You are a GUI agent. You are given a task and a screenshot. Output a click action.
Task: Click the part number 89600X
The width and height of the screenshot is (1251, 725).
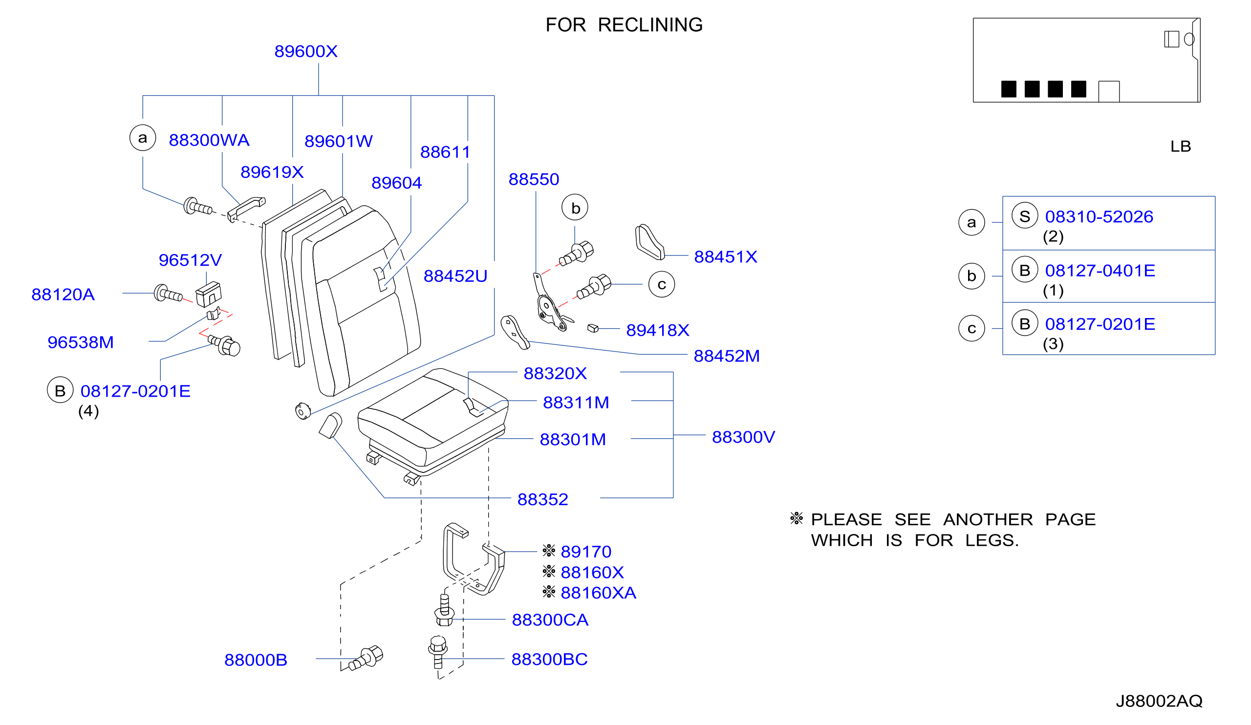(306, 52)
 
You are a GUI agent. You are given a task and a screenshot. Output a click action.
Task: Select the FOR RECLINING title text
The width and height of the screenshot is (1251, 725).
(624, 25)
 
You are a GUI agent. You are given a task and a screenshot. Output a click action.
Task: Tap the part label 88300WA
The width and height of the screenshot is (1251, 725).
(209, 140)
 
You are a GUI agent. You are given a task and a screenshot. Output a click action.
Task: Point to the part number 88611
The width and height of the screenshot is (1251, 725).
(445, 152)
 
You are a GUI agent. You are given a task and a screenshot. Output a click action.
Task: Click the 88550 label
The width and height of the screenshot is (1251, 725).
(534, 180)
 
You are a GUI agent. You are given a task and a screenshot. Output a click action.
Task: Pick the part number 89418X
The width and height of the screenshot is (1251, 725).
(658, 330)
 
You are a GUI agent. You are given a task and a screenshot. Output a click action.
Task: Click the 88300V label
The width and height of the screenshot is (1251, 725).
(744, 437)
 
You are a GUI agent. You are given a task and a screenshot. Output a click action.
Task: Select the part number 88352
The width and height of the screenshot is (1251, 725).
(542, 500)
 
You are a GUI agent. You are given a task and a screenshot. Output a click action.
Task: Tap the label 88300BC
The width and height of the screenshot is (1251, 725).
(550, 660)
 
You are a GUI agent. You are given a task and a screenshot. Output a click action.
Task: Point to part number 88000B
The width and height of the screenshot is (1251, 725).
(256, 661)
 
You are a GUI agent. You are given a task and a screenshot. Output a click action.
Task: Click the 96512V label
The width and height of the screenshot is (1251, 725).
(190, 260)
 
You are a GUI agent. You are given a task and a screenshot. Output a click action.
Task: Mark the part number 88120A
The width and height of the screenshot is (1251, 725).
(63, 295)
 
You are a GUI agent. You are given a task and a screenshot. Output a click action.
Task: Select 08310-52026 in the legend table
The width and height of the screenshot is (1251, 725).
(1099, 217)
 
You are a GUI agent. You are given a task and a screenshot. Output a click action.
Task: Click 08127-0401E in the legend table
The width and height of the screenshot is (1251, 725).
(1100, 271)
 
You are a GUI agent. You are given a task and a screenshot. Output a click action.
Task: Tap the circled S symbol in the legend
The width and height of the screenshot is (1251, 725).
(1025, 216)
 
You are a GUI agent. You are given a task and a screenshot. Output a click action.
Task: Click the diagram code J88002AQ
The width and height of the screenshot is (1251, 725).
(1159, 701)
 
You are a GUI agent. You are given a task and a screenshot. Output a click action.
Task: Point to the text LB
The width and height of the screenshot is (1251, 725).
(1181, 147)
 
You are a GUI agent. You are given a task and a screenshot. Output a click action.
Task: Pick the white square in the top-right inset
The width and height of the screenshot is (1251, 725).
(1108, 92)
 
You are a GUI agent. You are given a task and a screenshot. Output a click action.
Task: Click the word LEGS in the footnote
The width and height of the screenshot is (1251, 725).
(992, 540)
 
